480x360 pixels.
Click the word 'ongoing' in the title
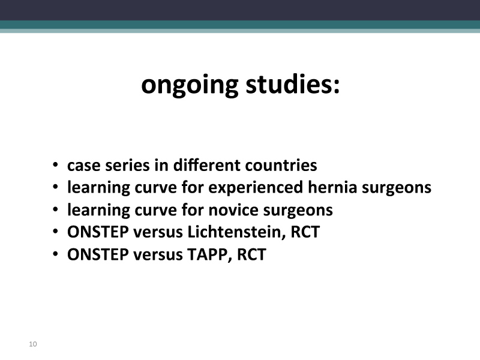coord(190,85)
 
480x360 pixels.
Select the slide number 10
coord(33,344)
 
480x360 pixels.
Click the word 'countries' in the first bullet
coord(281,166)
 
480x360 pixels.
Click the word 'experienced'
coord(256,188)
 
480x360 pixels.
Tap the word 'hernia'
coord(332,187)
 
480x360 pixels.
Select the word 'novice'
coord(233,211)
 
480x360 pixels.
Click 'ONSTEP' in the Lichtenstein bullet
coord(98,232)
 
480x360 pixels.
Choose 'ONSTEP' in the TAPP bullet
coord(98,254)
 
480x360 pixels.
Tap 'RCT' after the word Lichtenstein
coord(305,232)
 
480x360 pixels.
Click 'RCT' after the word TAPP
coord(251,254)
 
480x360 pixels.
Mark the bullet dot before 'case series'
coord(55,164)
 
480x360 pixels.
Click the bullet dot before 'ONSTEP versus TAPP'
coord(55,254)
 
